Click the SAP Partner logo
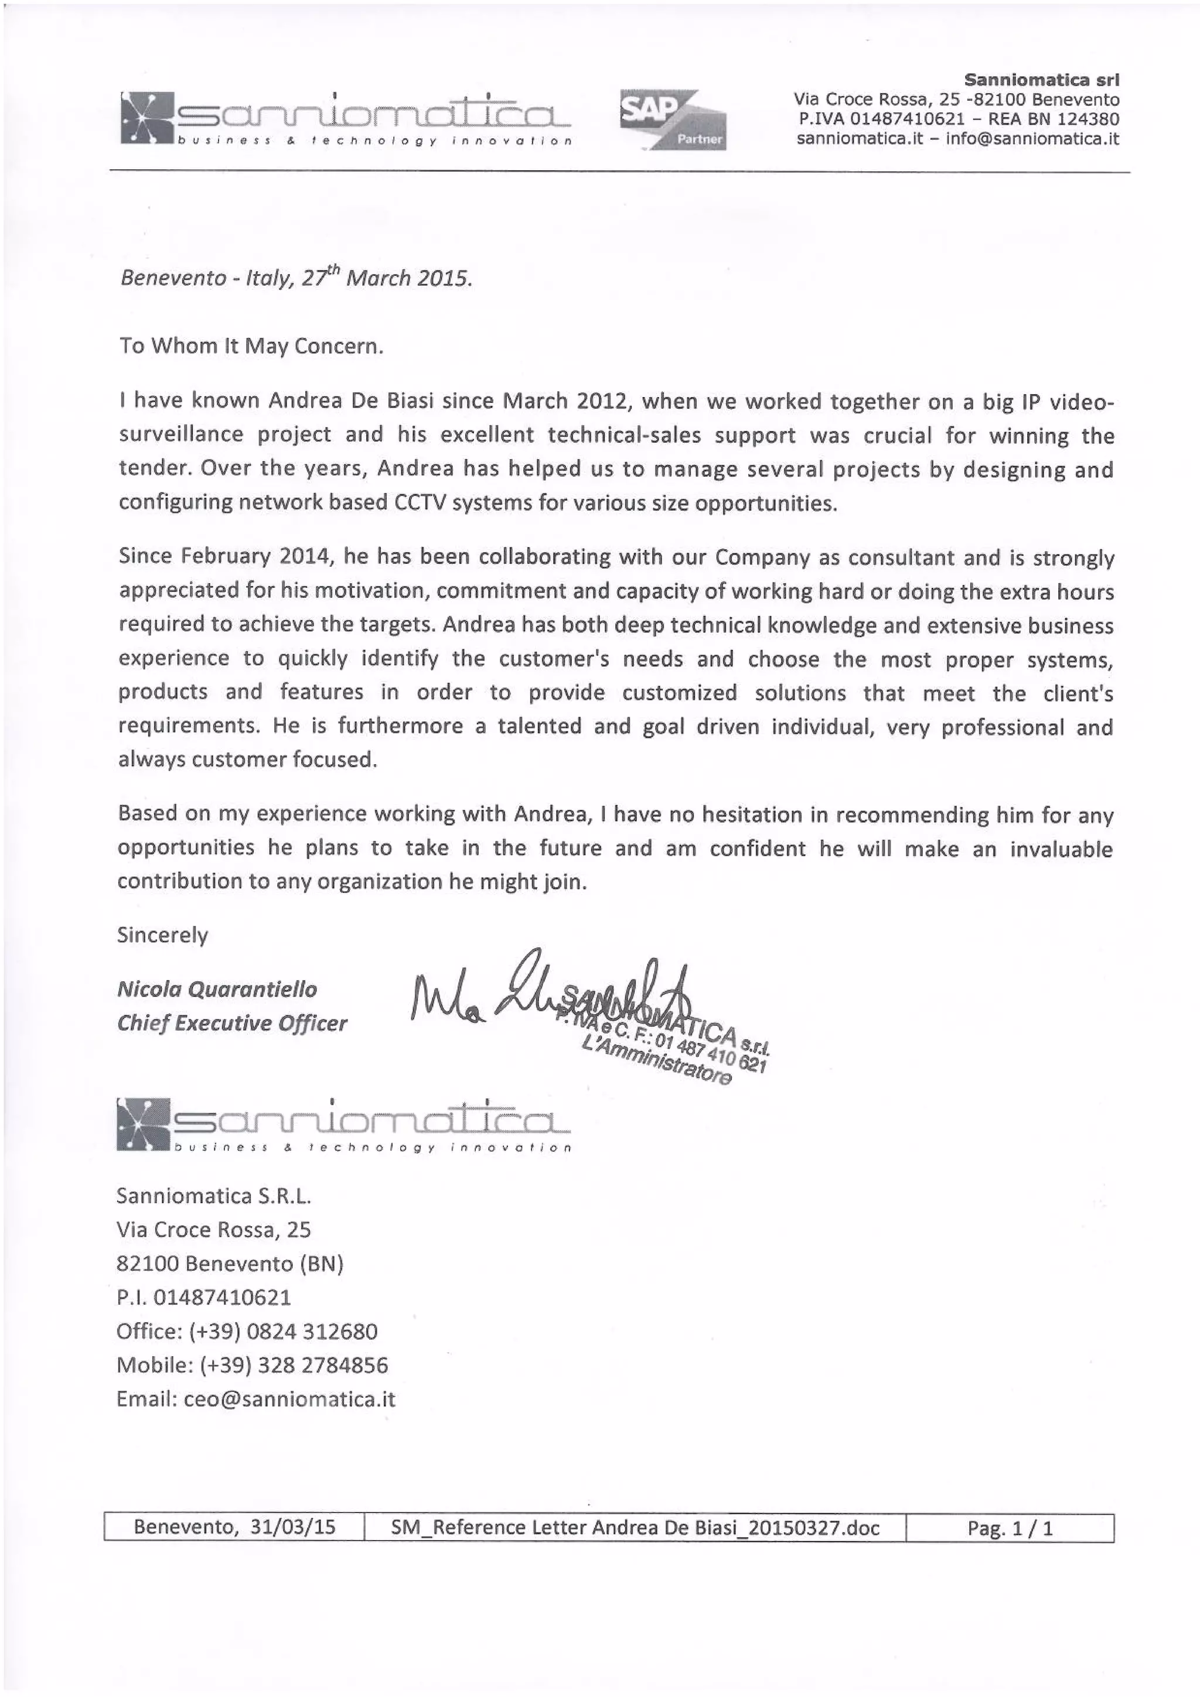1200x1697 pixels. click(672, 119)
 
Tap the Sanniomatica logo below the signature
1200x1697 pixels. click(344, 1125)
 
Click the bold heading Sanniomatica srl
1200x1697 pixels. click(1042, 79)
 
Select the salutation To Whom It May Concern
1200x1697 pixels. click(251, 346)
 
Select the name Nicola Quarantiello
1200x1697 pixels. click(217, 989)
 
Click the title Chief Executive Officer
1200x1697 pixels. click(231, 1023)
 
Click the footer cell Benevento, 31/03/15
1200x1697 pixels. click(234, 1528)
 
